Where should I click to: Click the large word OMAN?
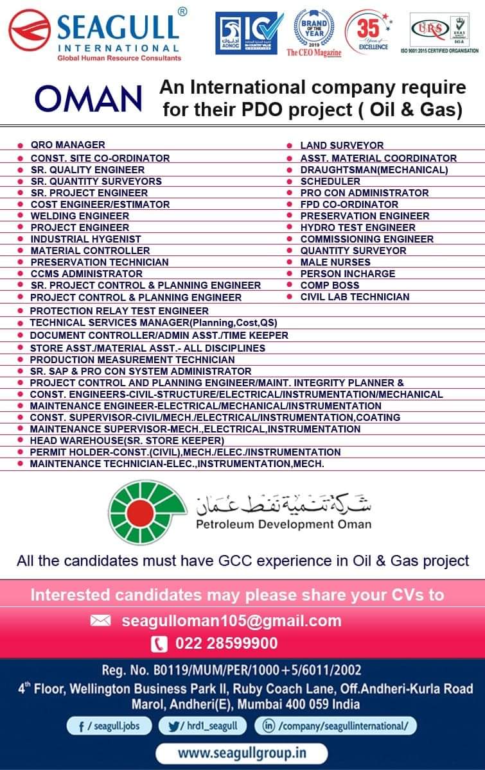click(89, 99)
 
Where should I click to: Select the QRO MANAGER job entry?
click(67, 145)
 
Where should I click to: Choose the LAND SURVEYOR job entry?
click(342, 146)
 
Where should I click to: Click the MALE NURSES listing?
click(335, 262)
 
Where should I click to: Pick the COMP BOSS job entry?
click(330, 285)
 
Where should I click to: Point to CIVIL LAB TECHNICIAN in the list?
click(355, 296)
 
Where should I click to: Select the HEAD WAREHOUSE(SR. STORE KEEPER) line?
click(127, 440)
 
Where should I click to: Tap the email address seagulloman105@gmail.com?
click(231, 620)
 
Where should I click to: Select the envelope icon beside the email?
click(101, 620)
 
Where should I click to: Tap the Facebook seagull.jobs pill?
click(109, 726)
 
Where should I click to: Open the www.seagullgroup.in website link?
click(242, 752)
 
